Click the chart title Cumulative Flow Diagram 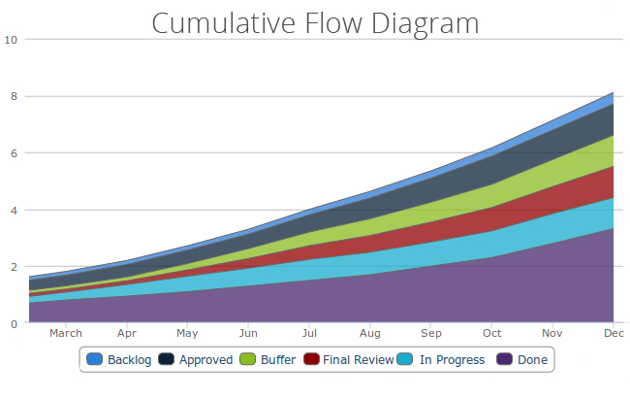[315, 22]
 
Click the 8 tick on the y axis [14, 96]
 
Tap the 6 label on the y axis [14, 153]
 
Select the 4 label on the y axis [14, 210]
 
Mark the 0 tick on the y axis [14, 323]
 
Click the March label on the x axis [66, 333]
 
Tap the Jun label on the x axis [248, 333]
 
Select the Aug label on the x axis [369, 333]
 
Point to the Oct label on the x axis [491, 333]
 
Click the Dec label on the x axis [614, 333]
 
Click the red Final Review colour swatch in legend [310, 360]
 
